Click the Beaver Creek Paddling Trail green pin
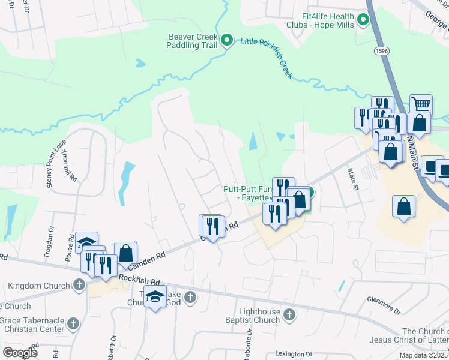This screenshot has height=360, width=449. click(227, 40)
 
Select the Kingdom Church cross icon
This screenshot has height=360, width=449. click(79, 284)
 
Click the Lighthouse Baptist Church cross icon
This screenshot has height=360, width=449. click(289, 314)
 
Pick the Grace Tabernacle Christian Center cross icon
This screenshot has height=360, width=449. click(73, 323)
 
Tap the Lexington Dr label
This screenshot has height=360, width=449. click(294, 355)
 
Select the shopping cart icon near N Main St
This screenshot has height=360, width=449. click(421, 104)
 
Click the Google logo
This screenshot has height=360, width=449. click(20, 353)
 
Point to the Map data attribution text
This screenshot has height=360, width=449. click(424, 355)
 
